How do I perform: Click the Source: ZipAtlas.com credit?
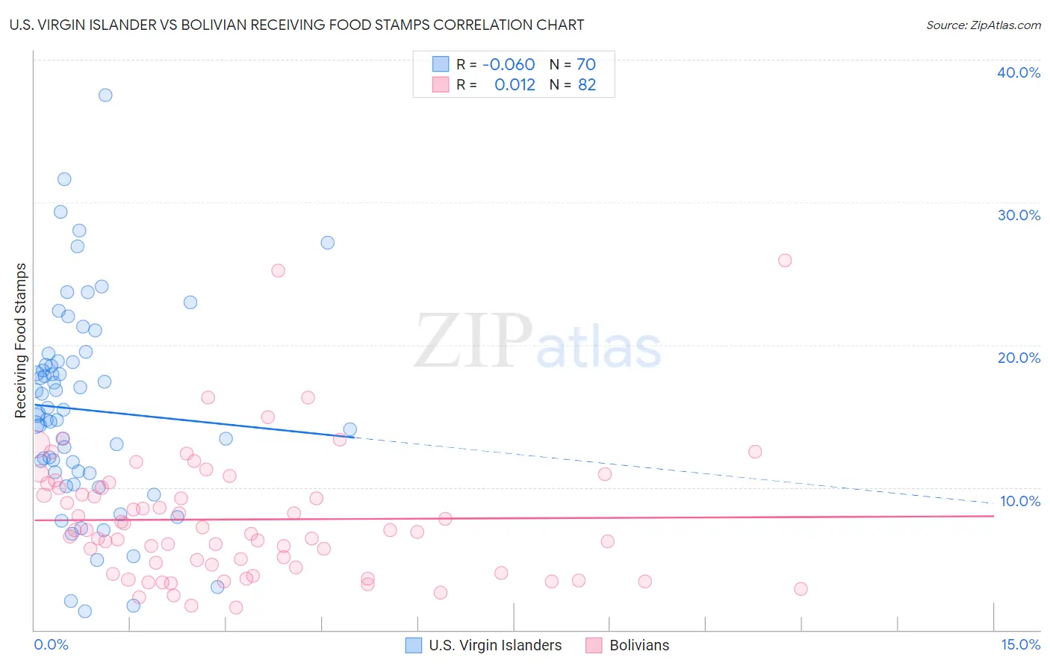click(x=983, y=25)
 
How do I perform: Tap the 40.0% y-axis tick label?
click(x=1018, y=72)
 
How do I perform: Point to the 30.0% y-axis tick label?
click(x=1018, y=215)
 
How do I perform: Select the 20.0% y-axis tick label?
click(x=1018, y=358)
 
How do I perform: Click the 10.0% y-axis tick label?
click(x=1019, y=501)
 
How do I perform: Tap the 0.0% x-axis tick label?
click(x=51, y=644)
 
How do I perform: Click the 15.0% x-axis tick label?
click(x=1020, y=644)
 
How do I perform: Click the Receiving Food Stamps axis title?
click(x=21, y=340)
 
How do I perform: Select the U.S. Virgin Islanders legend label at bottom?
click(x=495, y=645)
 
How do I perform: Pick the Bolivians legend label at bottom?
click(x=639, y=645)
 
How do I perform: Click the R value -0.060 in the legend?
click(x=509, y=65)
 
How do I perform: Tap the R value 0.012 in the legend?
click(x=515, y=85)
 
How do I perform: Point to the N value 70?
click(x=586, y=65)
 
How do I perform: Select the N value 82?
click(x=587, y=85)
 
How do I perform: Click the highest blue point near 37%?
click(x=105, y=95)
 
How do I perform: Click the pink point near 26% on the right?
click(x=785, y=261)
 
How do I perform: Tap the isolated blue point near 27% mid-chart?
click(x=327, y=243)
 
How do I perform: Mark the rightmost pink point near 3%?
click(x=801, y=589)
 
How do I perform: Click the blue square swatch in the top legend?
click(x=441, y=65)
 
